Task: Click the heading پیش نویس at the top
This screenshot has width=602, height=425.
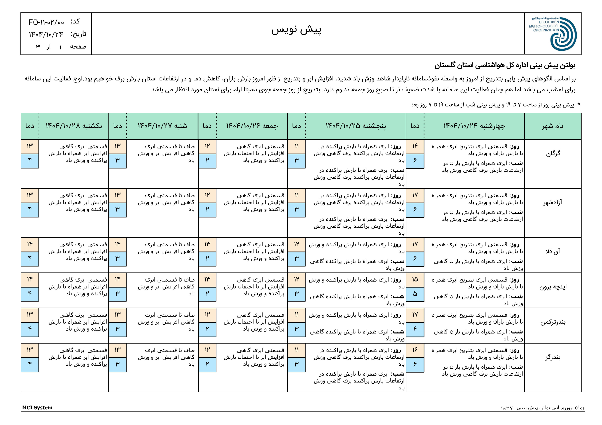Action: click(x=296, y=30)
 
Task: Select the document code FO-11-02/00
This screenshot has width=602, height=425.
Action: click(x=46, y=22)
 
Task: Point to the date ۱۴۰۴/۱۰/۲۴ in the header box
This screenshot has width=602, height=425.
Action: click(x=46, y=34)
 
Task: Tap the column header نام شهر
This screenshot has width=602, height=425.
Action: click(x=553, y=126)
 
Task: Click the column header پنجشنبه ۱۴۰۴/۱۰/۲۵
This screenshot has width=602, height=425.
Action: click(x=356, y=126)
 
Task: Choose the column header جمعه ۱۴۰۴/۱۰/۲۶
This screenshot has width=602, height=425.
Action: click(x=252, y=126)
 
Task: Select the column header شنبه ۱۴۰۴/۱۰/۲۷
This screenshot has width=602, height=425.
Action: click(x=162, y=126)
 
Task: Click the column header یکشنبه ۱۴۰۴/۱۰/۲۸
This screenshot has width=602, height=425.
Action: click(x=74, y=126)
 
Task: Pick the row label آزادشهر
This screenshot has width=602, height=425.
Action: click(x=553, y=202)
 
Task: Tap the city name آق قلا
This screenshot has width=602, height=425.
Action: click(x=553, y=251)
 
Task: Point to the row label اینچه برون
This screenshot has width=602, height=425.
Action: click(x=553, y=287)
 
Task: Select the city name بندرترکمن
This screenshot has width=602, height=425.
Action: click(x=553, y=322)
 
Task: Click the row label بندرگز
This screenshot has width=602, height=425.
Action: click(x=553, y=357)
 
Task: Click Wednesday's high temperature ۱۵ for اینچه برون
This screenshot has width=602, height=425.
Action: click(x=415, y=279)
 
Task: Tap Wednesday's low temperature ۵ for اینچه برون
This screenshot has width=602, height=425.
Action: click(x=415, y=294)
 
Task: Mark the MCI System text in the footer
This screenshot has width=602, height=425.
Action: click(x=37, y=407)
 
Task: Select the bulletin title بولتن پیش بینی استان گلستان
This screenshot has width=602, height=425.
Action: click(x=505, y=66)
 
